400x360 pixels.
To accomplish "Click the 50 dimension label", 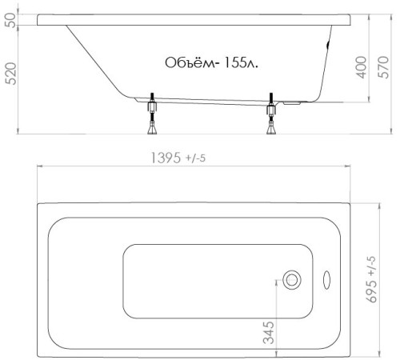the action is coord(10,20).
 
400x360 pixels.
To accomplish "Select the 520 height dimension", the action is coord(11,74).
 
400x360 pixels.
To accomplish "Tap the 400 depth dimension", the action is coord(362,67).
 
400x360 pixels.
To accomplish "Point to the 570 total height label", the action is coord(383,67).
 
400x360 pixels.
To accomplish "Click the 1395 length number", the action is coord(166,158).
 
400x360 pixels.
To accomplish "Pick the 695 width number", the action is coord(372,291).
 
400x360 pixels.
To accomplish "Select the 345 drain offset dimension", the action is coord(268,333).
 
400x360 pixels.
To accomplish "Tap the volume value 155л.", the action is coord(242,63).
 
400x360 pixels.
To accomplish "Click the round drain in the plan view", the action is coord(292,280).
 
